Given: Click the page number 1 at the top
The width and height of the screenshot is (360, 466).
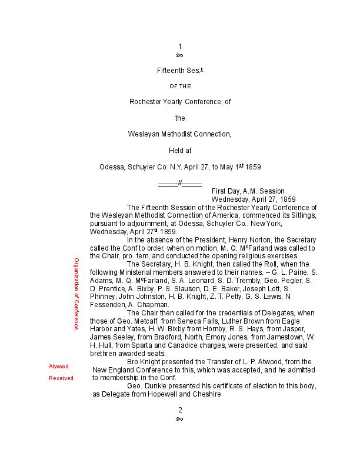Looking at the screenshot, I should pyautogui.click(x=180, y=46).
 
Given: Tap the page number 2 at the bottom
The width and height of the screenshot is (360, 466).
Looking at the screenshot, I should pyautogui.click(x=180, y=410).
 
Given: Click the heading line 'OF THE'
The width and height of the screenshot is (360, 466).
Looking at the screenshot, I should pyautogui.click(x=180, y=86).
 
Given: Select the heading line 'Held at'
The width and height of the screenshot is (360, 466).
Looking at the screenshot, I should pyautogui.click(x=180, y=151).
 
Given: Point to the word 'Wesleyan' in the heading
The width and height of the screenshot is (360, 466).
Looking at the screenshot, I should pyautogui.click(x=142, y=134).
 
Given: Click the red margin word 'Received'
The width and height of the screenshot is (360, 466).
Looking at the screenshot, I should pyautogui.click(x=61, y=378).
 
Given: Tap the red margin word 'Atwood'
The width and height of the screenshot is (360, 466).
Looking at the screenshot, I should pyautogui.click(x=59, y=366).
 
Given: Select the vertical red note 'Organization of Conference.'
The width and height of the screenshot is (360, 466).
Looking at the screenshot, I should pyautogui.click(x=76, y=294).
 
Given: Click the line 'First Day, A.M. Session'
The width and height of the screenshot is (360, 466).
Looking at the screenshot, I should pyautogui.click(x=248, y=191).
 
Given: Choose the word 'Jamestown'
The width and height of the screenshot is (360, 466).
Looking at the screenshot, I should pyautogui.click(x=276, y=338).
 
